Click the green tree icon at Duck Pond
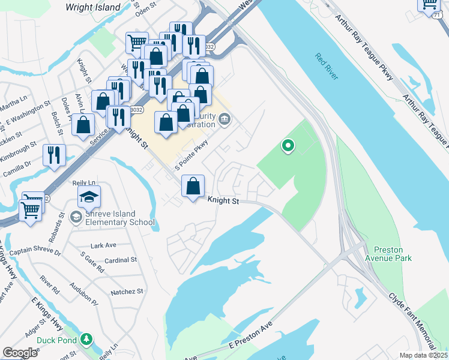click(87, 340)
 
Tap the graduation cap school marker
click(89, 196)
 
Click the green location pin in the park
click(288, 145)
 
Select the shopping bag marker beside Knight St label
click(193, 186)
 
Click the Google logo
click(20, 352)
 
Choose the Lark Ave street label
click(103, 245)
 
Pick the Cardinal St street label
click(121, 260)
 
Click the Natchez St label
click(127, 292)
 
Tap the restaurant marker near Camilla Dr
click(55, 155)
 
